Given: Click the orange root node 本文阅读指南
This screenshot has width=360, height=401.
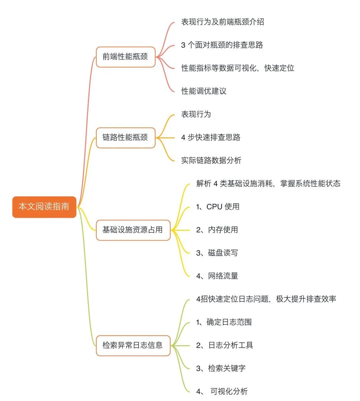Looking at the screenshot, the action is pyautogui.click(x=44, y=207).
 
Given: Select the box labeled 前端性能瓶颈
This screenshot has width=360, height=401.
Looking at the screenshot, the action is pyautogui.click(x=125, y=57).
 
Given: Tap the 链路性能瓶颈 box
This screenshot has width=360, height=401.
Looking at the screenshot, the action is pyautogui.click(x=125, y=138).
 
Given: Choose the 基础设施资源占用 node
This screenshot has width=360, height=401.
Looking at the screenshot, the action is pyautogui.click(x=133, y=230).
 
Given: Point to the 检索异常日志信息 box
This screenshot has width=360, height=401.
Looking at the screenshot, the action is pyautogui.click(x=133, y=345).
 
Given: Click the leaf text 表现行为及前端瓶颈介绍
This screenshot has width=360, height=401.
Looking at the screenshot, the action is pyautogui.click(x=222, y=22).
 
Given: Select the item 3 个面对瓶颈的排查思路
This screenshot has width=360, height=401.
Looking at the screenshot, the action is pyautogui.click(x=222, y=45).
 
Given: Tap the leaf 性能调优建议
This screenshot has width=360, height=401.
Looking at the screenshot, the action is pyautogui.click(x=204, y=91).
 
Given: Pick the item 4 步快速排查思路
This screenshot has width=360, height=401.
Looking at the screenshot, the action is pyautogui.click(x=211, y=137).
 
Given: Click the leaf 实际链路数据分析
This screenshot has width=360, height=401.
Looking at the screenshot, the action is pyautogui.click(x=211, y=160).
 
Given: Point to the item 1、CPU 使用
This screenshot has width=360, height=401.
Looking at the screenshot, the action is pyautogui.click(x=218, y=206).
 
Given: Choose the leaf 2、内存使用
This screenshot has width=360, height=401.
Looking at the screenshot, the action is pyautogui.click(x=217, y=230).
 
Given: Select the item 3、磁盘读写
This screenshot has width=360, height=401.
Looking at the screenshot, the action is pyautogui.click(x=217, y=253).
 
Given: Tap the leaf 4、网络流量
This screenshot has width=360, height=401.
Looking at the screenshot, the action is pyautogui.click(x=217, y=276).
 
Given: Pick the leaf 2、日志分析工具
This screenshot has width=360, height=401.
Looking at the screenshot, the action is pyautogui.click(x=225, y=345).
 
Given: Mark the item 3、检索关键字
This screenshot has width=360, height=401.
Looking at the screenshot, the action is pyautogui.click(x=221, y=368).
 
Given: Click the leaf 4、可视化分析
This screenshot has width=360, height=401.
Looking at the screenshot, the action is pyautogui.click(x=222, y=391).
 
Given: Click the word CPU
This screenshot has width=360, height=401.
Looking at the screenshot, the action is pyautogui.click(x=214, y=207).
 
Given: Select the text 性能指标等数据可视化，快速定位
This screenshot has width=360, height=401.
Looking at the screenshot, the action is pyautogui.click(x=238, y=68).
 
